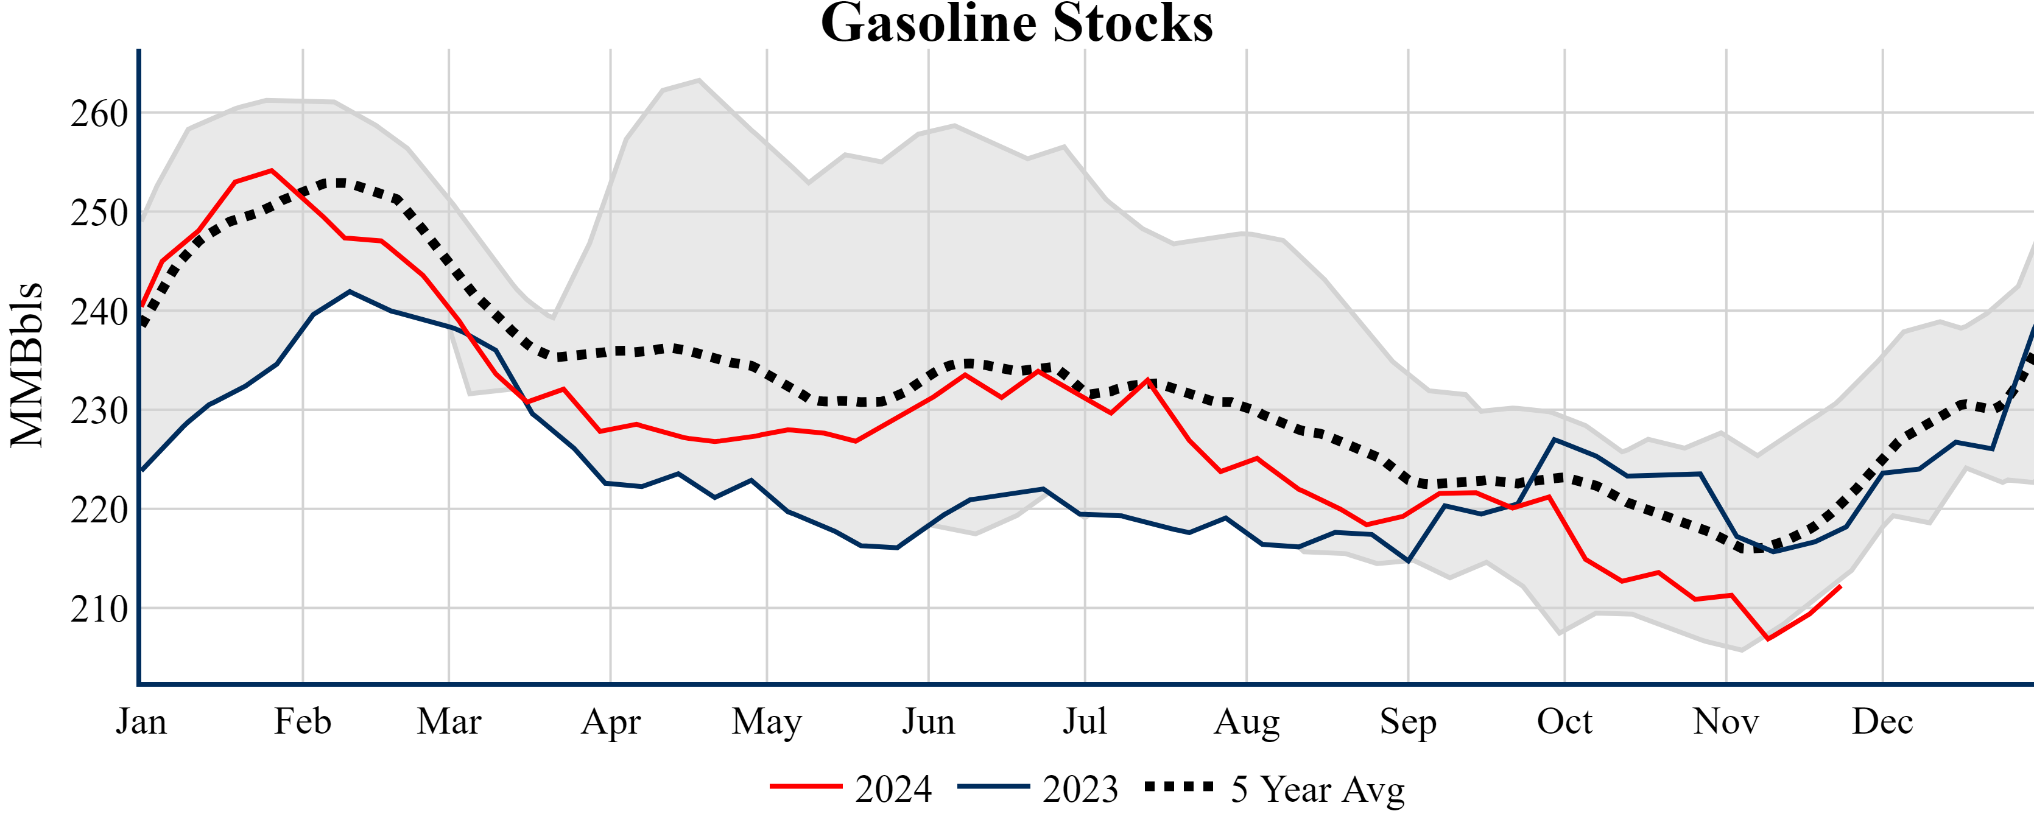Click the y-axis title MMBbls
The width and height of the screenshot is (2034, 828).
27,365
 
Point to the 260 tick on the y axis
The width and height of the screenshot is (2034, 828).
99,114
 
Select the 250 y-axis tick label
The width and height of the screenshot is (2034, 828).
99,213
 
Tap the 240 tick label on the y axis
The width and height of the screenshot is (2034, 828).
99,312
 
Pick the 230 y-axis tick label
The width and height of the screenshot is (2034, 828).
99,411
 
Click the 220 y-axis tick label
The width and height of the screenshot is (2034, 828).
99,511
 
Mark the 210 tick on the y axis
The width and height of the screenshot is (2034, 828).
99,609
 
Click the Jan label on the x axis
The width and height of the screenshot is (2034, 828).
141,721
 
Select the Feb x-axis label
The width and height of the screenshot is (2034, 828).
303,721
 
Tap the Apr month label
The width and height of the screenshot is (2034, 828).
610,721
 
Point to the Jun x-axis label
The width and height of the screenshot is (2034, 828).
929,721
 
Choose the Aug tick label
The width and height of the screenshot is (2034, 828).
1247,721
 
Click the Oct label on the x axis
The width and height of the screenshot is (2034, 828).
1564,721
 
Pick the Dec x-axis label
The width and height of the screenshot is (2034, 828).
1882,721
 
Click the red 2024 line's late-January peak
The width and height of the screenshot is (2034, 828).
272,170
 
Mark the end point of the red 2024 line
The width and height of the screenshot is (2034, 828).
1840,586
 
